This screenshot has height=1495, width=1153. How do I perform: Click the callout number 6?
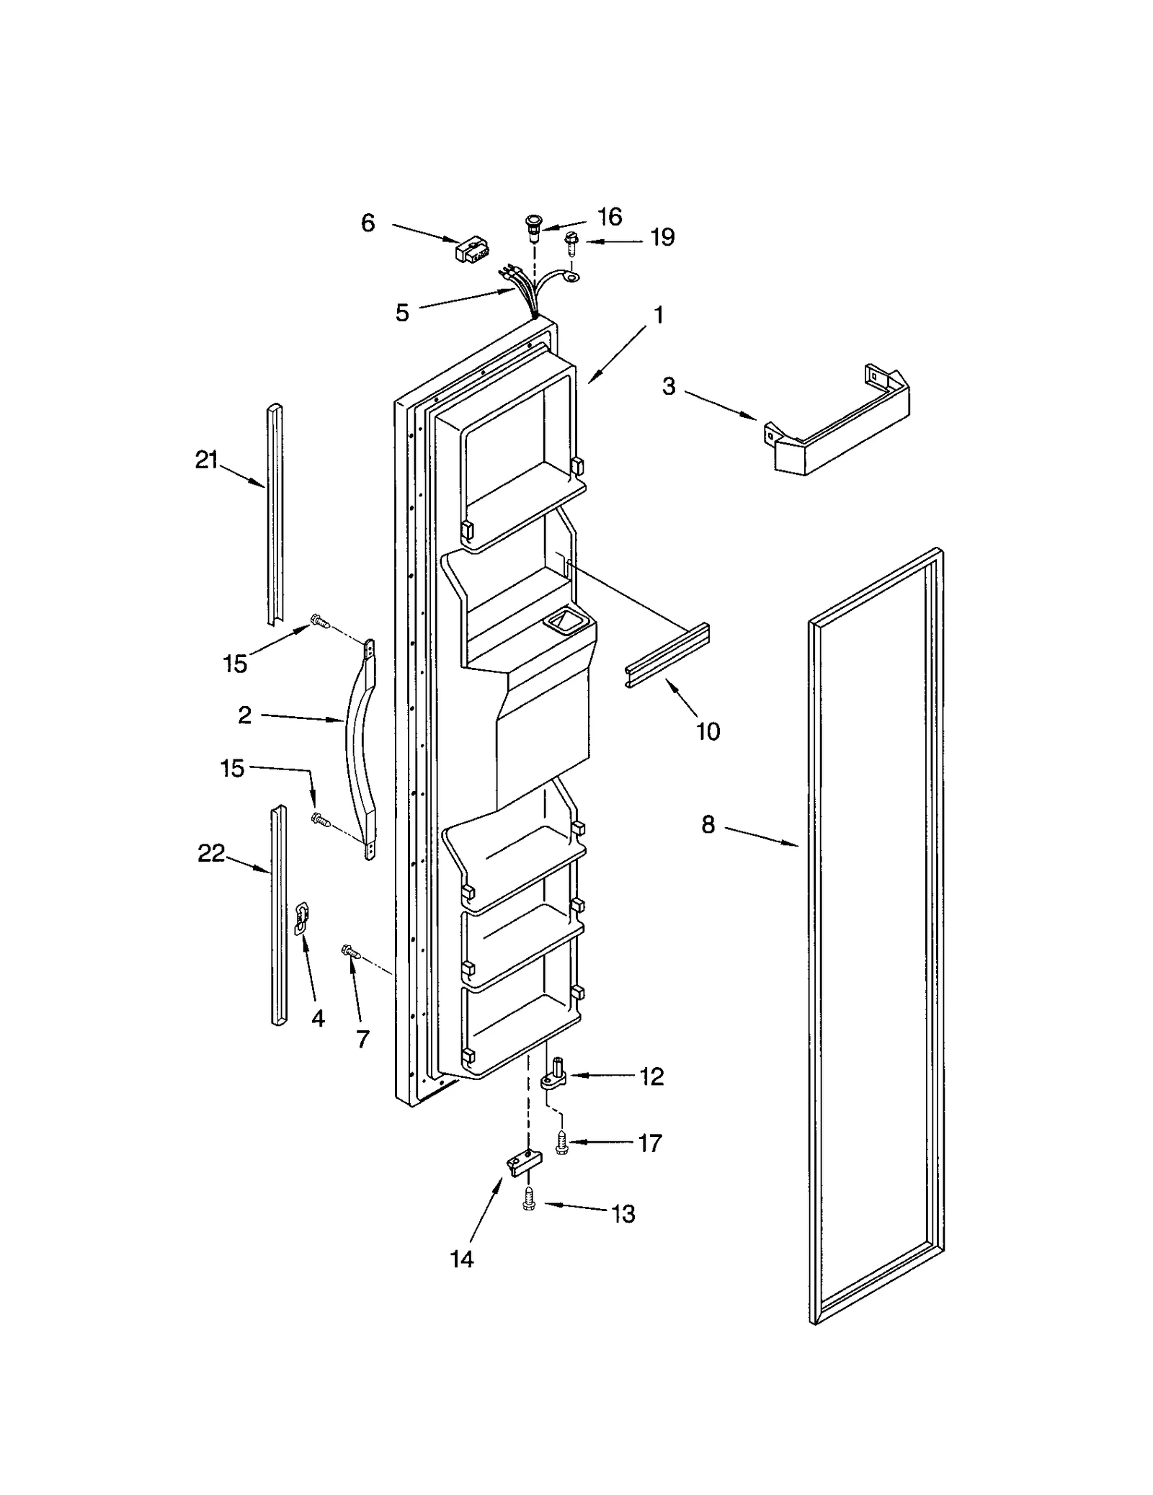tap(368, 223)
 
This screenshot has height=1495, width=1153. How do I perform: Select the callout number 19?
tap(662, 237)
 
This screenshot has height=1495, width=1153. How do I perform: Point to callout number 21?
tap(207, 460)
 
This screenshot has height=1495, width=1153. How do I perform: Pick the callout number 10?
tap(708, 731)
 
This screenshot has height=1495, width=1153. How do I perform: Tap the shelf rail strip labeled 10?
tap(667, 656)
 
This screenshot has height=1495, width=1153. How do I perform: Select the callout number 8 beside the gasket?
tap(708, 824)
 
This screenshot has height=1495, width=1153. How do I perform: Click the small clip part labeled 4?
tap(301, 919)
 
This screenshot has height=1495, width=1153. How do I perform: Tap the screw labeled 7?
tap(352, 952)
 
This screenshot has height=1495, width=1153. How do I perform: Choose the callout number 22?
tap(211, 853)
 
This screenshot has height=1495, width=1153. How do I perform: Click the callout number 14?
tap(462, 1259)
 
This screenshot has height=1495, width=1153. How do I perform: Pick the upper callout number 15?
tap(235, 664)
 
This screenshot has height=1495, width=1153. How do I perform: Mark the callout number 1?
tap(658, 315)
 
